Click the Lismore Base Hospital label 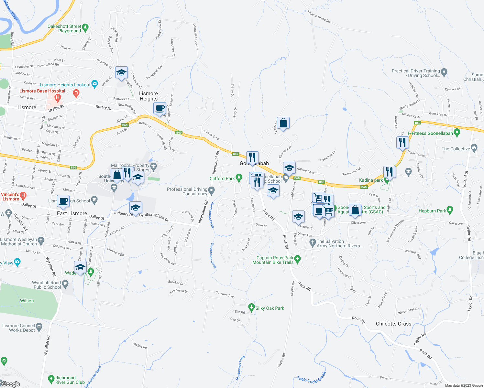point(42,91)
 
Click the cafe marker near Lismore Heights point(159,109)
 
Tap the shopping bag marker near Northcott point(283,123)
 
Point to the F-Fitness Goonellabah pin point(457,132)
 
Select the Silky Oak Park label point(270,308)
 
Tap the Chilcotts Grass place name point(393,324)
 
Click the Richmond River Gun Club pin point(51,379)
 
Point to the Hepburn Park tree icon point(450,210)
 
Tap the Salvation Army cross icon point(312,242)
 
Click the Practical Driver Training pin point(444,72)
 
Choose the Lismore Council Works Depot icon point(39,327)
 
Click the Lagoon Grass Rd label point(319,17)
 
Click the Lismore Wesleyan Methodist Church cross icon point(40,240)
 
